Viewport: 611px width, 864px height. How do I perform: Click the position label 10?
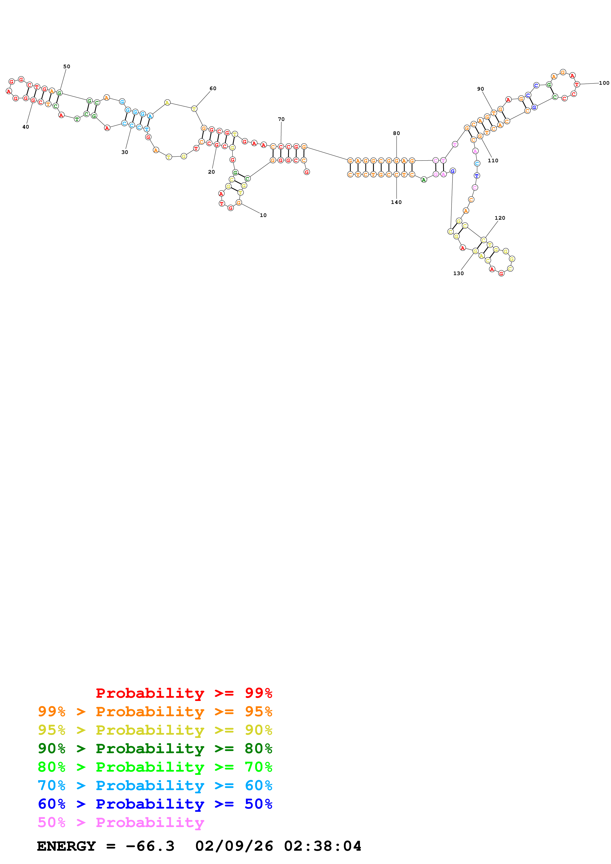[263, 215]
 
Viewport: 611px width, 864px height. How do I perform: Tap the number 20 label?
[211, 172]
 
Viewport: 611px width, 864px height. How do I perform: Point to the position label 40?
[26, 127]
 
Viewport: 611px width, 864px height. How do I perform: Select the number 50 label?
[67, 66]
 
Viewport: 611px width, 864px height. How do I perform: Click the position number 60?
[213, 88]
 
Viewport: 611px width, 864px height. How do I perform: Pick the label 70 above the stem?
[281, 119]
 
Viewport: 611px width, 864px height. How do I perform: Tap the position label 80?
[396, 133]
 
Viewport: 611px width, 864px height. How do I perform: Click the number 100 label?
[604, 83]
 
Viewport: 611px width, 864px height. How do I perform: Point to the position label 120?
[500, 218]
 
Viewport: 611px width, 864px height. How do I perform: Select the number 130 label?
[458, 274]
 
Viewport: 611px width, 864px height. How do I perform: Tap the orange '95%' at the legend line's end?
[258, 711]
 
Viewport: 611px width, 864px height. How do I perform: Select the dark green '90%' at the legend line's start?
[52, 748]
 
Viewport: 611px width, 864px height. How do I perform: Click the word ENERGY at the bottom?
[66, 846]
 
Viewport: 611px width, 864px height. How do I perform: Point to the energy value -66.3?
[150, 846]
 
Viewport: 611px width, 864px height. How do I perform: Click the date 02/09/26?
[234, 846]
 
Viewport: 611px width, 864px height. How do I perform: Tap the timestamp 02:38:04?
[323, 846]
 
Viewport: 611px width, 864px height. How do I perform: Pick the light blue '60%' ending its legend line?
[258, 785]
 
